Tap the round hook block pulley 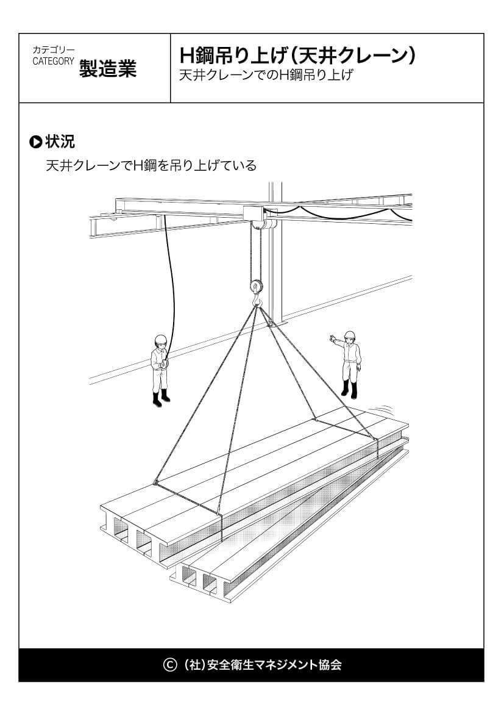click(257, 285)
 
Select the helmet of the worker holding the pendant click(160, 339)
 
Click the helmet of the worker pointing click(350, 335)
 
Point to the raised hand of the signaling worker click(332, 337)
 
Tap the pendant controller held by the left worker click(163, 365)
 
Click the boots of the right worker click(349, 389)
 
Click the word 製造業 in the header click(107, 69)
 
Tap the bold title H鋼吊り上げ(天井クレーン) click(298, 56)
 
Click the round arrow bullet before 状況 click(36, 143)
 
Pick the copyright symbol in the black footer click(170, 664)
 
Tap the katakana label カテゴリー click(54, 49)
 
